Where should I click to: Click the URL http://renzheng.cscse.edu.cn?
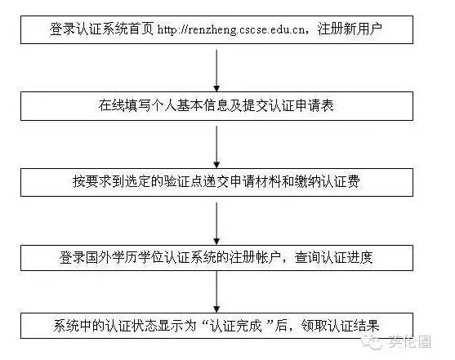[231, 30]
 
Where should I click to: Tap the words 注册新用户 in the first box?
[350, 29]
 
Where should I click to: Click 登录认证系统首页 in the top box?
[101, 29]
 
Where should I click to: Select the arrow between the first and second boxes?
[216, 70]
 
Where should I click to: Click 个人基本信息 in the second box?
[190, 105]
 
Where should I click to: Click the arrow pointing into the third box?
[216, 147]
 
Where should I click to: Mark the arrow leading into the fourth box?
[216, 224]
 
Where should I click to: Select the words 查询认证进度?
[334, 258]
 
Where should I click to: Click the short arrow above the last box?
[216, 291]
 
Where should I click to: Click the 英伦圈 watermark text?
[409, 342]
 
